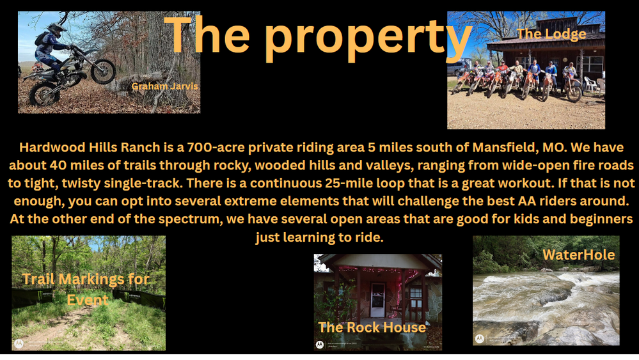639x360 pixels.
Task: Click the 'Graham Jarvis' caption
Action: tap(164, 86)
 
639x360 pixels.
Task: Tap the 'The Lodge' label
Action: tap(551, 34)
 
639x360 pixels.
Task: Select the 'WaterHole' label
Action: tap(579, 255)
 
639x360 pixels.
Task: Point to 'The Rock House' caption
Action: tap(372, 327)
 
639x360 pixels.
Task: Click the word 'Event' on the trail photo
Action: tap(88, 300)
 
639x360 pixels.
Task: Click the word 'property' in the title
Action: tap(368, 38)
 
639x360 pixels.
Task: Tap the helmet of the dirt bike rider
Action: tap(56, 29)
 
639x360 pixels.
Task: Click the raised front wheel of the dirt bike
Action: tap(103, 71)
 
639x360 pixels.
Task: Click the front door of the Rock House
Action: tap(377, 301)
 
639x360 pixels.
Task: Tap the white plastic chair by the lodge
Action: tap(590, 84)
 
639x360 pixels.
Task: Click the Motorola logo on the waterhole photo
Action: tap(480, 338)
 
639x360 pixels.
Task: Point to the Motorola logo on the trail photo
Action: tap(19, 343)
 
